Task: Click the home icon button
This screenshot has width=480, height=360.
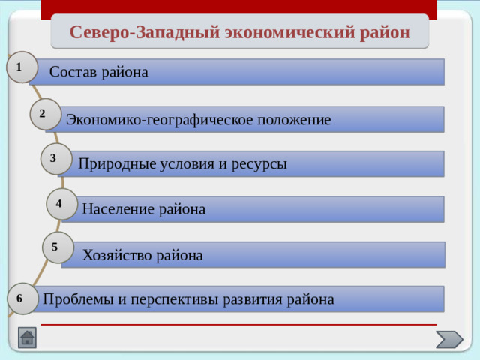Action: click(27, 338)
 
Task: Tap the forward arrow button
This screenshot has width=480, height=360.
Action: click(449, 339)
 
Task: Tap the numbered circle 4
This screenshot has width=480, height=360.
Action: click(61, 203)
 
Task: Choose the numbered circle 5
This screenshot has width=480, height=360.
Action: click(57, 247)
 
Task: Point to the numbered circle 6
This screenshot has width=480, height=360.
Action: click(22, 298)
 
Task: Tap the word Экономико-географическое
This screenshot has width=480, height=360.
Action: click(160, 120)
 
